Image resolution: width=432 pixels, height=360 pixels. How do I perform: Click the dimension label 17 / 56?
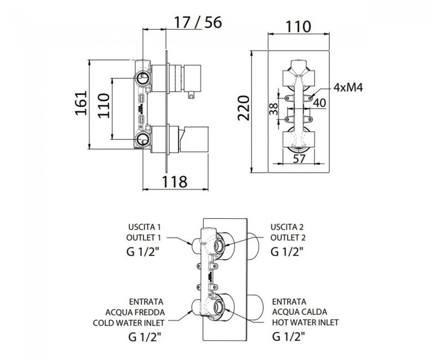coord(198,22)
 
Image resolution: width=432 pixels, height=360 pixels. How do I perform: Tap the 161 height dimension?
coord(81,103)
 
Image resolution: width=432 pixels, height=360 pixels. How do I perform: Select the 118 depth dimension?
coord(174,182)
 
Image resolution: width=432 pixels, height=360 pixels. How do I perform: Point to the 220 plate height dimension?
coord(244,108)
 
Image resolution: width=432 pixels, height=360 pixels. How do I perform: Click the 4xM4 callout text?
coord(348,88)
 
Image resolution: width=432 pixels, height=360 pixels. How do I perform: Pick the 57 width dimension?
coord(299,158)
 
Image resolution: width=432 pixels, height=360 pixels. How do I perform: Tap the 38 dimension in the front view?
coord(274,109)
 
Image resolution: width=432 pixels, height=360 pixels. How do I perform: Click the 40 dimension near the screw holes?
coord(320,103)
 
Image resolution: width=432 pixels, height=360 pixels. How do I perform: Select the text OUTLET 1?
coord(143,238)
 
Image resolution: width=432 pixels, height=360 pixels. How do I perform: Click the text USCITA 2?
coord(287,227)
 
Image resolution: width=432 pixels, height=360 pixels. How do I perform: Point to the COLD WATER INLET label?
coord(128,322)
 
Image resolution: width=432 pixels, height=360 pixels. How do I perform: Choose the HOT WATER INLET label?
coord(305,322)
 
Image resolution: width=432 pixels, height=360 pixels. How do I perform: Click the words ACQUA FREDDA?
coord(135,312)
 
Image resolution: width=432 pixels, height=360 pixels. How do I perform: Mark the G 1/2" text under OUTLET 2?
coord(287,251)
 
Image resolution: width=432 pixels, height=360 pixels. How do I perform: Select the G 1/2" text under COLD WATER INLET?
coord(145,337)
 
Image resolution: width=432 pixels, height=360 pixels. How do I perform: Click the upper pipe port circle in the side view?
coord(143,78)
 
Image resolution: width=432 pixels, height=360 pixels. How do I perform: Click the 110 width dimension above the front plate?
coord(299,27)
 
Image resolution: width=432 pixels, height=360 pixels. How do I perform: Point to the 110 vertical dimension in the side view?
coord(104,105)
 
